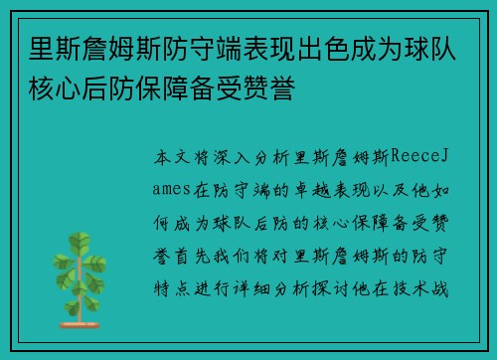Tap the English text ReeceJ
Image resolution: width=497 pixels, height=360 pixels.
(422, 157)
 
